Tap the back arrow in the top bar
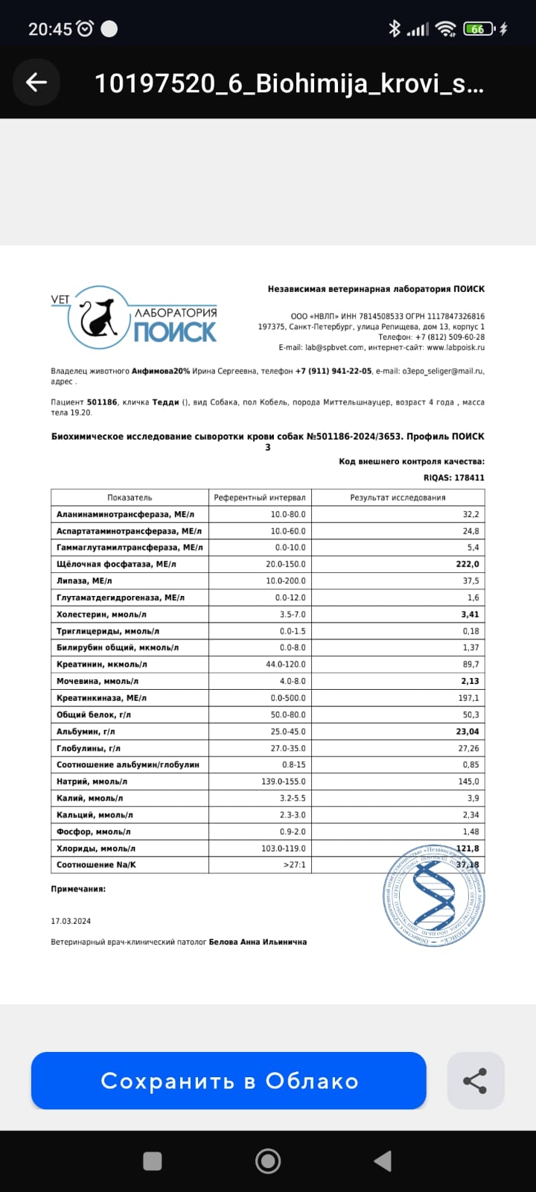tap(36, 83)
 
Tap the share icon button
tap(475, 1080)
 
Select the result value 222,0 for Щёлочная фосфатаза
tap(468, 564)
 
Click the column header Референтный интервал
tap(260, 497)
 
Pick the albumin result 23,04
tap(468, 732)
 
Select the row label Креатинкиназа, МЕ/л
tap(101, 698)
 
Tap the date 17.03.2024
tap(71, 921)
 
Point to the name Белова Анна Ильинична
tap(258, 942)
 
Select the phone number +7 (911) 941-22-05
tap(334, 370)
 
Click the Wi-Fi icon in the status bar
tap(446, 29)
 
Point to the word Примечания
tap(78, 889)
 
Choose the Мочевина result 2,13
tap(469, 681)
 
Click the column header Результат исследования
tap(398, 497)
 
